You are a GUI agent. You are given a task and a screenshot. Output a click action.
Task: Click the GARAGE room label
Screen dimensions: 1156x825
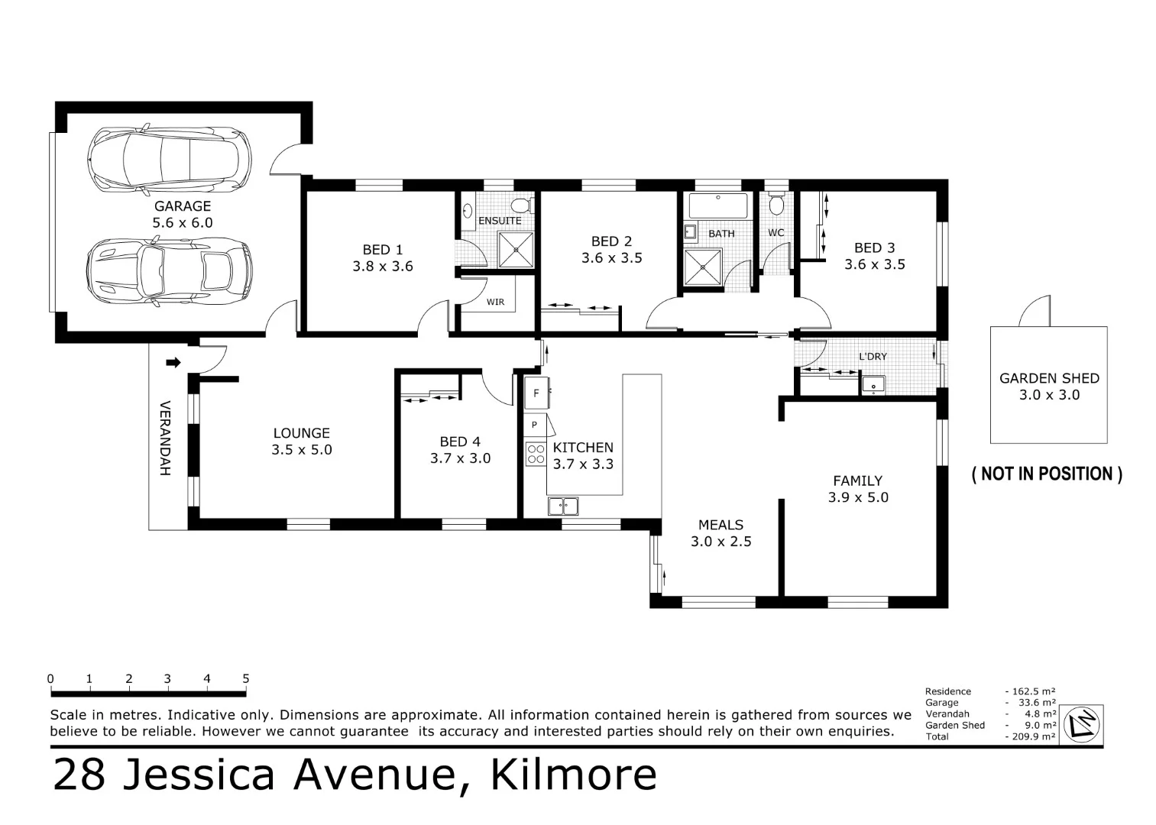click(x=182, y=205)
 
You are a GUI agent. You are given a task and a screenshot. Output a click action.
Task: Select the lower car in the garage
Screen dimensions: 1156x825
click(x=170, y=271)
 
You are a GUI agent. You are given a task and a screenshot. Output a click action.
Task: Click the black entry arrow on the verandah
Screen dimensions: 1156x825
click(x=173, y=363)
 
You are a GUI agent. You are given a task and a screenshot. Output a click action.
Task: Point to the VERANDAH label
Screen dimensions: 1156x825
click(x=165, y=438)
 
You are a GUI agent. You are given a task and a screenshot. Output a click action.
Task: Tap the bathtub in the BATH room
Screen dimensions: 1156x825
click(x=718, y=205)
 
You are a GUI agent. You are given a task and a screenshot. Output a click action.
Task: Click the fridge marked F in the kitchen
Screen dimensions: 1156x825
click(x=536, y=393)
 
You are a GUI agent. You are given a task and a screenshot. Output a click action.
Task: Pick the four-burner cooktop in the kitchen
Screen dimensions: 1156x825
click(x=536, y=454)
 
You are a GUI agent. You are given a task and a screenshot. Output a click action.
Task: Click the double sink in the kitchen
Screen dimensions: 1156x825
click(x=563, y=506)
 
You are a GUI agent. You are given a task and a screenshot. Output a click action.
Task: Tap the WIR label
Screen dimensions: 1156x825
click(x=495, y=302)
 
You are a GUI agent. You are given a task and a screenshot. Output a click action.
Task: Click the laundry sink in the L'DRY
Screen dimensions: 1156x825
click(x=873, y=385)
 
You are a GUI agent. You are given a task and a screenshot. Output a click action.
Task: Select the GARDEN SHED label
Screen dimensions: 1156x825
click(x=1049, y=378)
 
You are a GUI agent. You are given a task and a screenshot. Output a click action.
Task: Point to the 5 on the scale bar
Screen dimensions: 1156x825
click(x=246, y=678)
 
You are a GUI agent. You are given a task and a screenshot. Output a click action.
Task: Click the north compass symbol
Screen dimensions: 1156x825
click(x=1082, y=724)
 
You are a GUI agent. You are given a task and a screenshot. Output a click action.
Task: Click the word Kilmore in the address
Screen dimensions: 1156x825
click(x=573, y=775)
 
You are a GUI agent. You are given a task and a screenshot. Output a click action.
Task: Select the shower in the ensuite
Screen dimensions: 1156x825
click(x=516, y=250)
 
